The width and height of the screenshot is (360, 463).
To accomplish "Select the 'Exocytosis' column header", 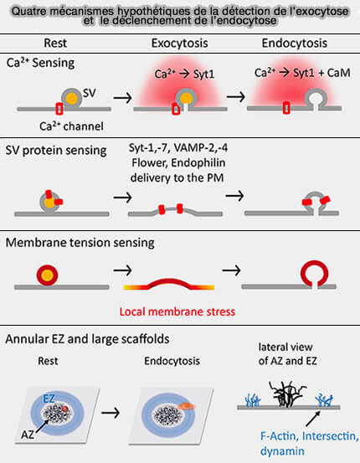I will [180, 42].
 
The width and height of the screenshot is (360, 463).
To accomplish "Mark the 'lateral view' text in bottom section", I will [299, 347].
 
